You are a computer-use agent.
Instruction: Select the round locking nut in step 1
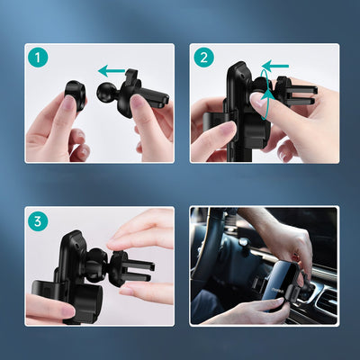(x=75, y=96)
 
